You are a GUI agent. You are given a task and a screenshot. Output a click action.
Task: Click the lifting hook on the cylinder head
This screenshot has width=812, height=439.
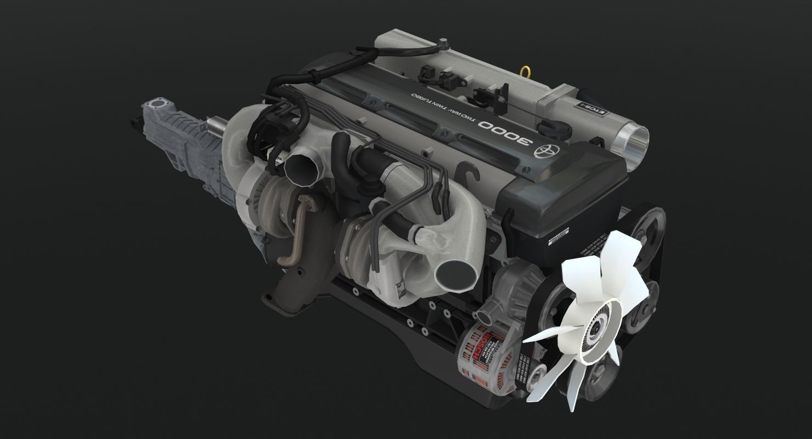click(x=468, y=175)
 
